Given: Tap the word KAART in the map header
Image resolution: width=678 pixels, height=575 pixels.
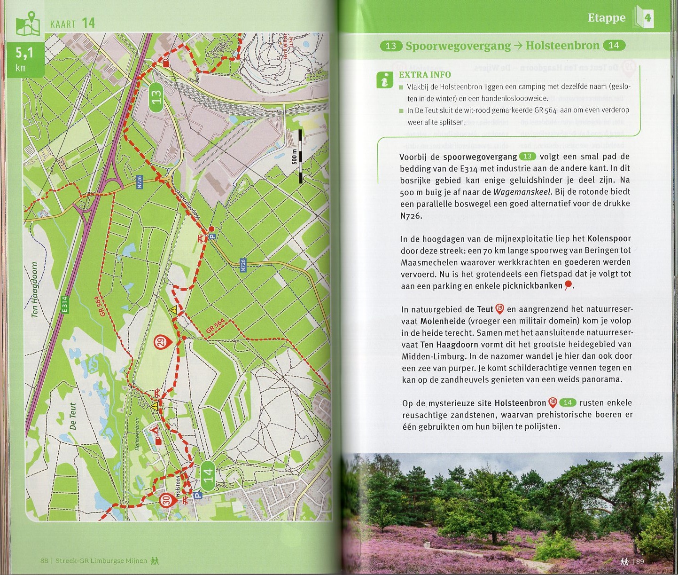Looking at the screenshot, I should (63, 24).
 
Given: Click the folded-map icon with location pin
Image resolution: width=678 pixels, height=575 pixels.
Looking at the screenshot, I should (28, 24).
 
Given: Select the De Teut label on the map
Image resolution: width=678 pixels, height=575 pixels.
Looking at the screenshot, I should (73, 416).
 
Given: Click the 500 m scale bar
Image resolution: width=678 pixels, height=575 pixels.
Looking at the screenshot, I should (299, 156).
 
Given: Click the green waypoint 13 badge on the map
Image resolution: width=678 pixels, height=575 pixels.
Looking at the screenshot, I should (156, 97).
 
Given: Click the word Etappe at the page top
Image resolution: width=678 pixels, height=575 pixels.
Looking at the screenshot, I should (606, 18).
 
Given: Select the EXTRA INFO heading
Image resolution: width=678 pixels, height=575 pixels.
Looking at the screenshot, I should (425, 75).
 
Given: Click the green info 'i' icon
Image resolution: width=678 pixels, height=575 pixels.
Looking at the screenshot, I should (385, 80).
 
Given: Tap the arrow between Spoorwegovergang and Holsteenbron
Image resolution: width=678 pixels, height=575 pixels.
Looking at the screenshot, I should (518, 46).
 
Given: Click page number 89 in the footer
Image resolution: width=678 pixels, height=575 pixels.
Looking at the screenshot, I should (639, 561).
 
